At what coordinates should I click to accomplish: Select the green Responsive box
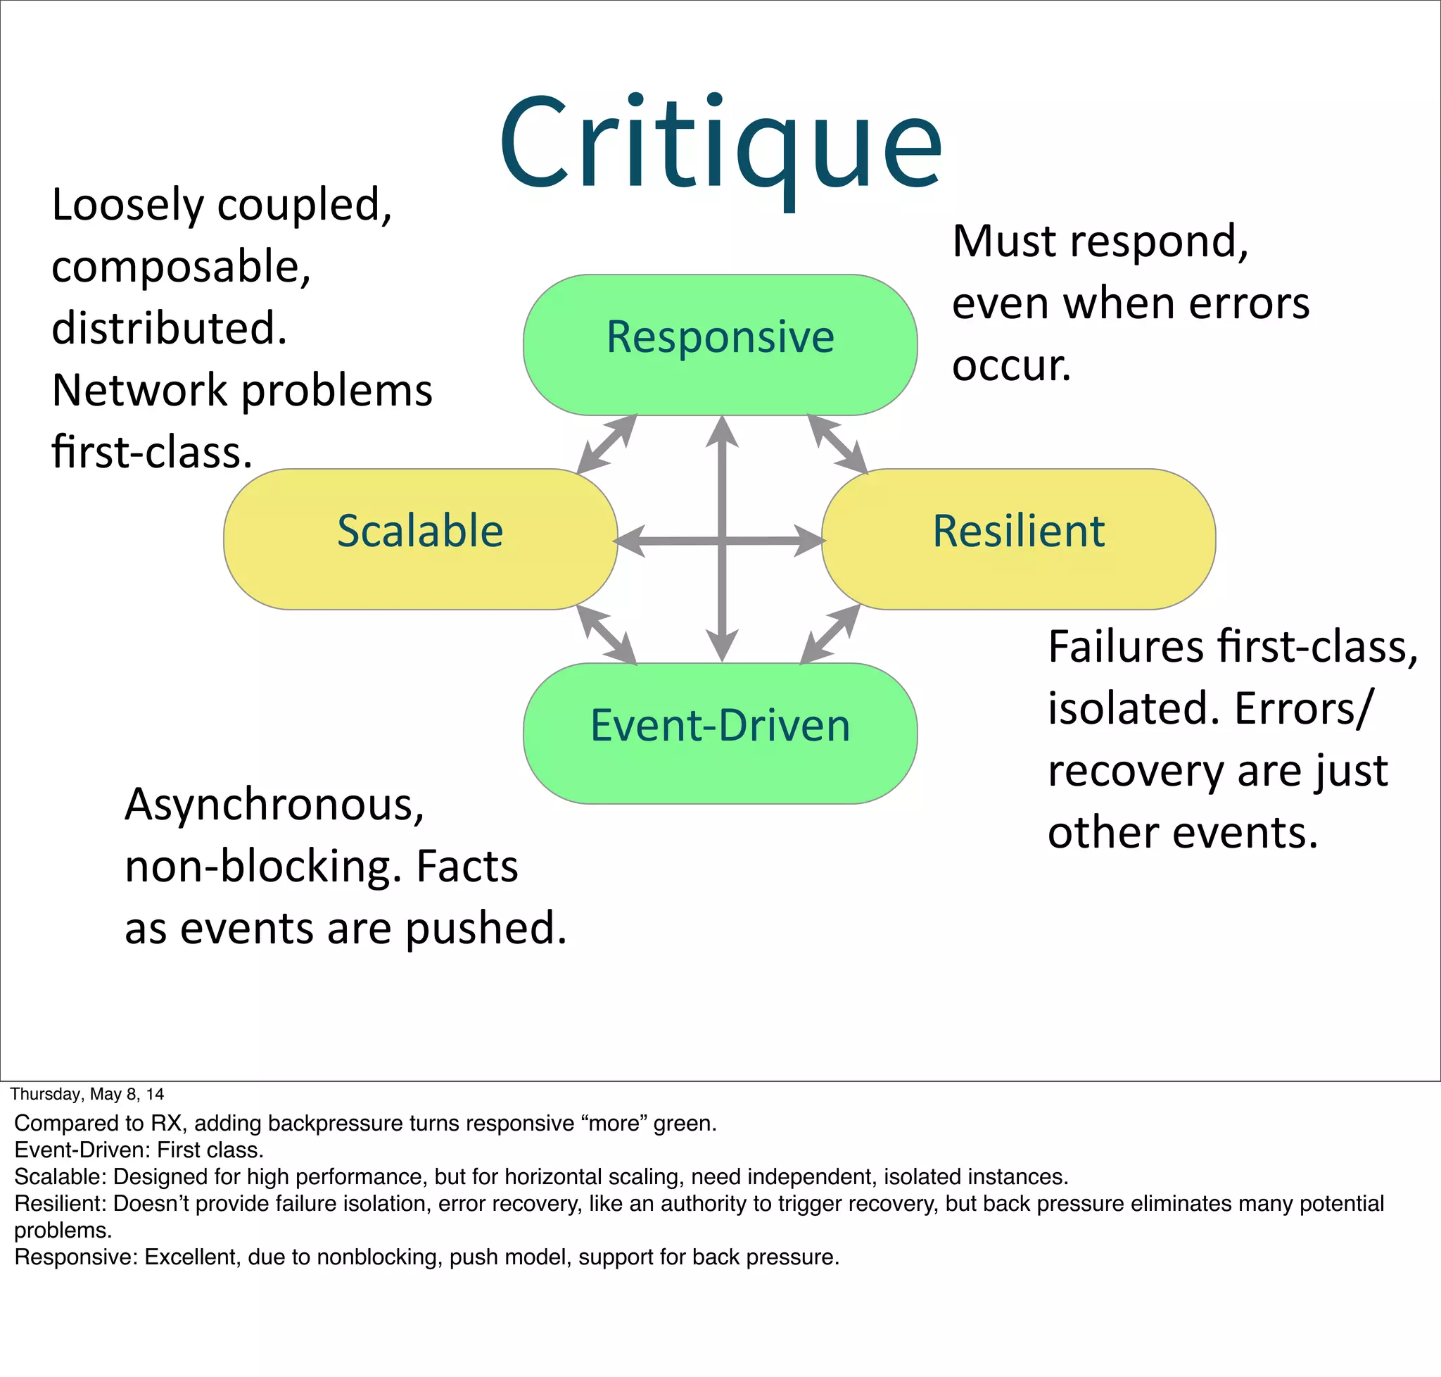[720, 344]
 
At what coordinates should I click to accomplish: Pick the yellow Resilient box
[1018, 538]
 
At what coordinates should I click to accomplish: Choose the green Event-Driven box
[720, 733]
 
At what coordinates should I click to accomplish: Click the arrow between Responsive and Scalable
[607, 444]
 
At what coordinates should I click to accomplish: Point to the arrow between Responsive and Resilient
[837, 444]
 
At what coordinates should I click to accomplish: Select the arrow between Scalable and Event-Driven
[607, 635]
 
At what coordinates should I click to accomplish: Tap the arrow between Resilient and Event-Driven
[830, 635]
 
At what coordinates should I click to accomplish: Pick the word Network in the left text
[139, 390]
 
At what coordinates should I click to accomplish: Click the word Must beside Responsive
[1004, 241]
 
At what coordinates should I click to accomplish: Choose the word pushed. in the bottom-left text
[485, 929]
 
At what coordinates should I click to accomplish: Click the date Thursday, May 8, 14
[87, 1094]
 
